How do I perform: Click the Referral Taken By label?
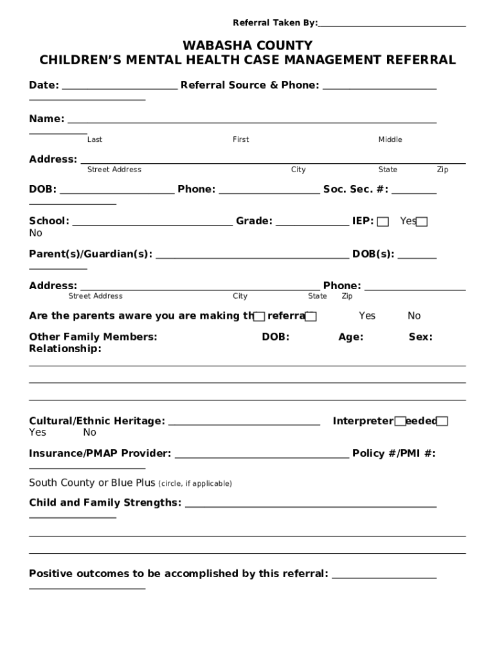[x=274, y=23]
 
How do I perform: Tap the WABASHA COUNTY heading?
[x=248, y=46]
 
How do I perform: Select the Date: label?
[x=44, y=85]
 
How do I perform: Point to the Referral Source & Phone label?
[x=249, y=85]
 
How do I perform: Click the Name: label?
[x=46, y=119]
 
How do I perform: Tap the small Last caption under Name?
[x=94, y=139]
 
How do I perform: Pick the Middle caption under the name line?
[x=390, y=139]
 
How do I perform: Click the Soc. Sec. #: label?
[x=355, y=189]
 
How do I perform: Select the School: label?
[x=49, y=221]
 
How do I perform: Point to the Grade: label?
[x=254, y=221]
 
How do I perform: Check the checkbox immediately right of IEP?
[x=383, y=222]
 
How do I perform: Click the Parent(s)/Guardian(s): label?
[x=91, y=254]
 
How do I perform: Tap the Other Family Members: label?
[x=93, y=337]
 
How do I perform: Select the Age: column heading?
[x=350, y=337]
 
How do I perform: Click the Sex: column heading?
[x=420, y=337]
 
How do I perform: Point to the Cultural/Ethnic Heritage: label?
[x=96, y=422]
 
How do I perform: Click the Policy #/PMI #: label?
[x=393, y=454]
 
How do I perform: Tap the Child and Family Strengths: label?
[x=105, y=502]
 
